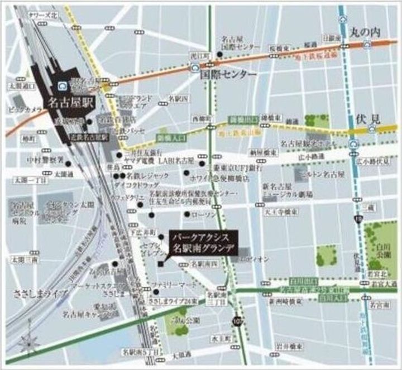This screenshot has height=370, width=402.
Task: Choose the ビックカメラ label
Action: click(26, 111)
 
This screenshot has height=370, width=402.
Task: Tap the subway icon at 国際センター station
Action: click(194, 68)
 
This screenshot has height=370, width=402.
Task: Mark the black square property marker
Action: click(161, 264)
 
